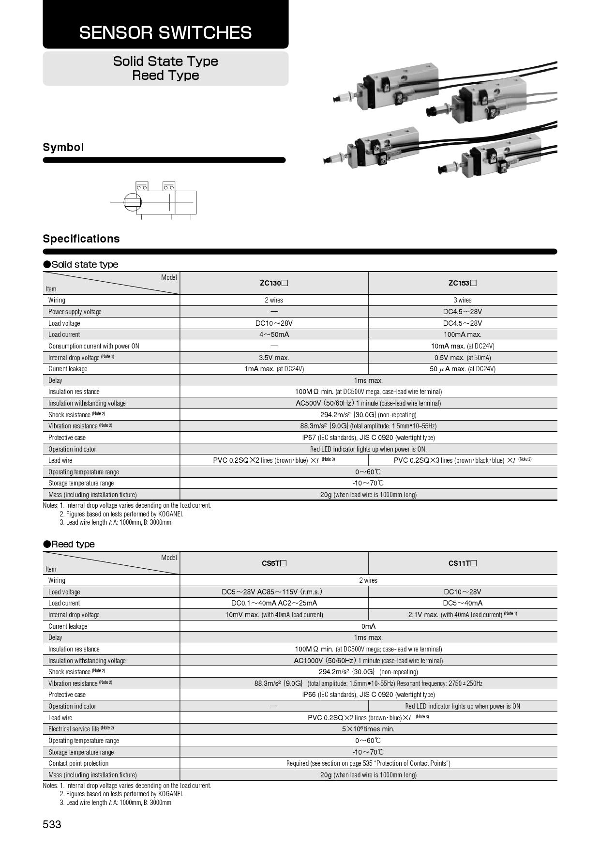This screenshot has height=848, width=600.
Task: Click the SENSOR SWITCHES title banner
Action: tap(165, 32)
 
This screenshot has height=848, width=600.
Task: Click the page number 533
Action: tap(52, 824)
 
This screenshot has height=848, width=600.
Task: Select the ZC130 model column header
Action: tap(274, 283)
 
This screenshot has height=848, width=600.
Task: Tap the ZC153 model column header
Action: tap(462, 283)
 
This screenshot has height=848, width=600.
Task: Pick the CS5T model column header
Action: tap(274, 563)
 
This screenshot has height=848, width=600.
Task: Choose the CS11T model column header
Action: tap(462, 563)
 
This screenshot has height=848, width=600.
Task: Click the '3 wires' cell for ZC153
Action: tap(462, 300)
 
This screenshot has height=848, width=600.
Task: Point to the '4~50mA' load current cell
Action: tap(274, 334)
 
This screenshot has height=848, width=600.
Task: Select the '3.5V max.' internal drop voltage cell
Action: tap(274, 358)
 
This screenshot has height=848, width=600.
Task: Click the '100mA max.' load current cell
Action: tap(462, 334)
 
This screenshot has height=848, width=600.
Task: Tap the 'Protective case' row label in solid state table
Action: tap(67, 438)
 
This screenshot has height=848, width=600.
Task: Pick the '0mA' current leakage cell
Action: tap(368, 626)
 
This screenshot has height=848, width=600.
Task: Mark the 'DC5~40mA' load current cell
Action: tap(462, 603)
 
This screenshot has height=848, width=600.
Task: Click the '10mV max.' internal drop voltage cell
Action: tap(274, 615)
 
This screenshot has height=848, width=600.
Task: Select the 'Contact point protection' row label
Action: tap(78, 763)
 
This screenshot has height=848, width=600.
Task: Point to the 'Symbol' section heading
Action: tap(63, 147)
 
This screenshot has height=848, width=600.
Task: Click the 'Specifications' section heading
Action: tap(81, 239)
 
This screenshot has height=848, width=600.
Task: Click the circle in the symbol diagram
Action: tap(132, 202)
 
